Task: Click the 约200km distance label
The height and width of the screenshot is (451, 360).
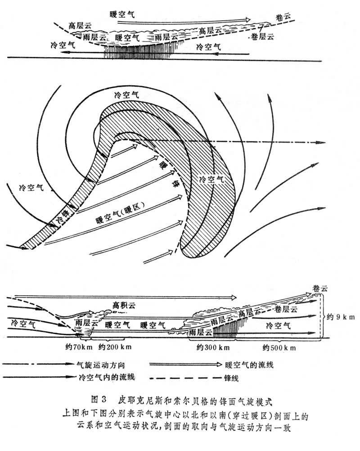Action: click(115, 347)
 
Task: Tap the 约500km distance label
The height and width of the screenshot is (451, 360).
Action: click(280, 347)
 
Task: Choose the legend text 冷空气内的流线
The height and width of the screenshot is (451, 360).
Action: click(106, 376)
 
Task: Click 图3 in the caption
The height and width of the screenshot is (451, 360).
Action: click(98, 399)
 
